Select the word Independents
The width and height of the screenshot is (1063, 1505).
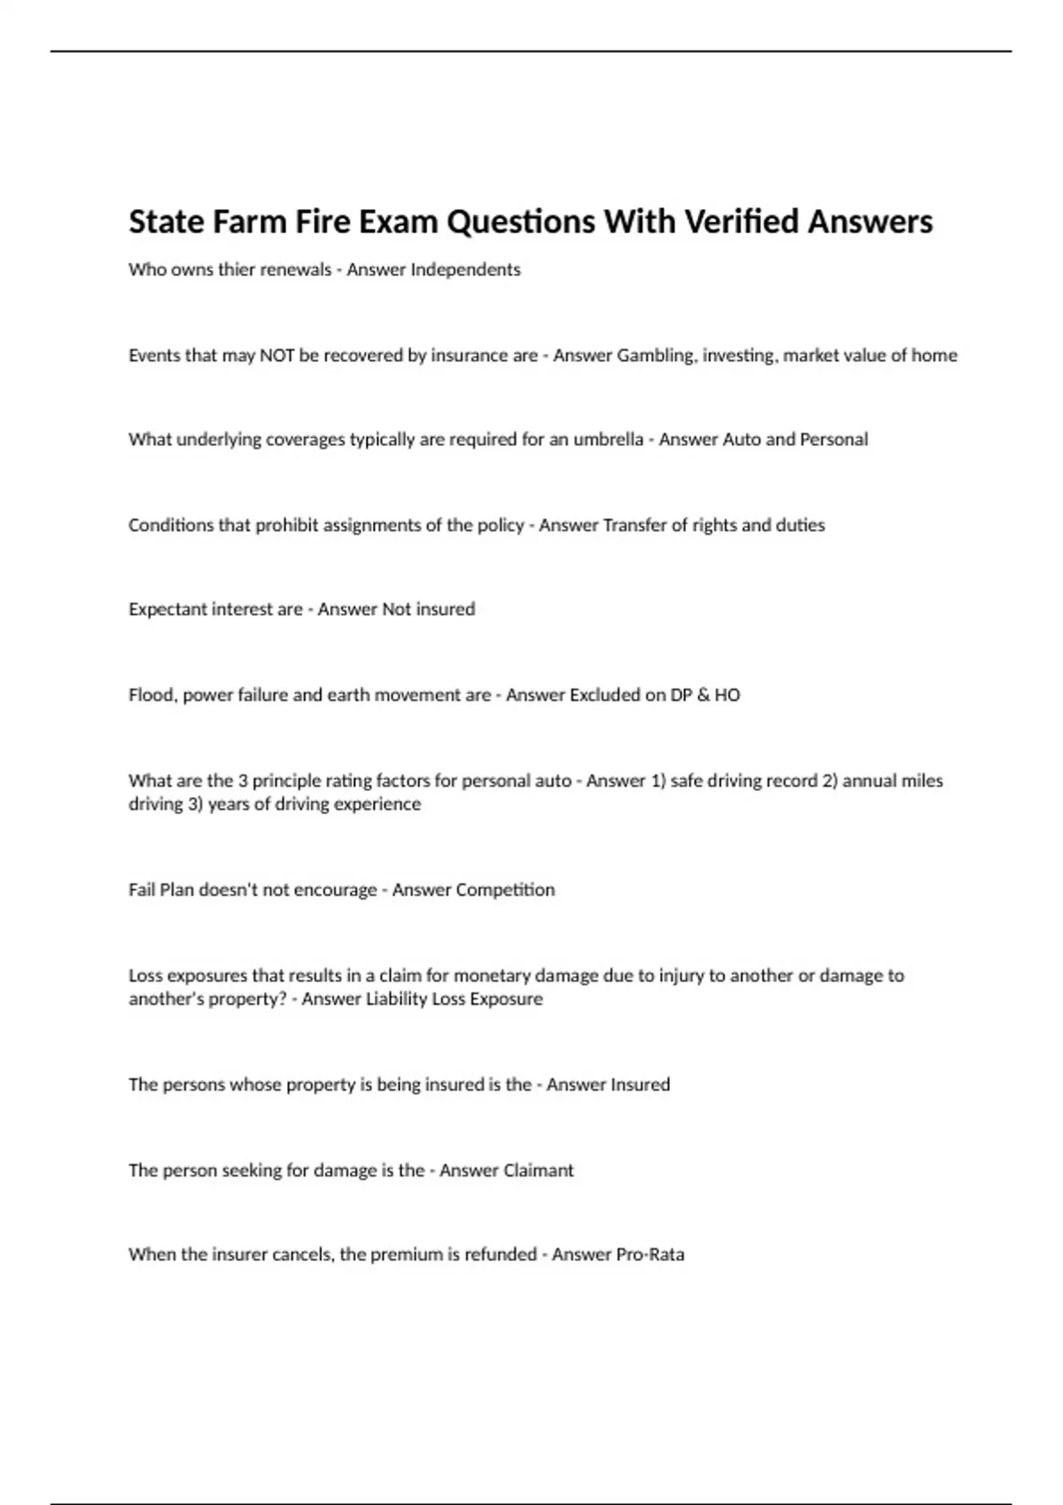465,270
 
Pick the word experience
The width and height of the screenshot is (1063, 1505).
379,805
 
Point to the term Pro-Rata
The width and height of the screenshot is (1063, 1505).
649,1255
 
